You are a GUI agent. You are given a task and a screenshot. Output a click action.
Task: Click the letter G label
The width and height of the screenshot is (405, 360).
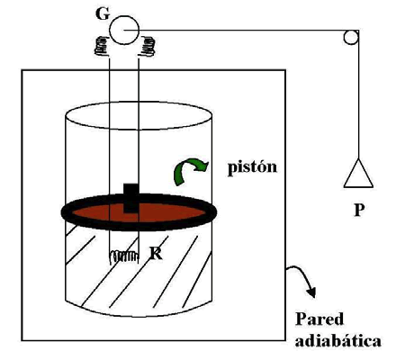coord(103,13)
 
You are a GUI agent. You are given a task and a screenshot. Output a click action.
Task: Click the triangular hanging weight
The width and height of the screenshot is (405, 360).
coord(358,174)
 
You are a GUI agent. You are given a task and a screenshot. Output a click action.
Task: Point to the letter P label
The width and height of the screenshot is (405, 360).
coord(359,210)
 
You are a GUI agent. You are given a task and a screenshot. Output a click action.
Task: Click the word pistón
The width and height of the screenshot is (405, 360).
coord(252,167)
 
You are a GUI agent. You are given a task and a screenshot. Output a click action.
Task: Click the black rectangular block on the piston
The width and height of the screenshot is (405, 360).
coord(131,198)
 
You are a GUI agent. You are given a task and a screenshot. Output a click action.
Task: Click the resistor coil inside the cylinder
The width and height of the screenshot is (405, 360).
coord(123,257)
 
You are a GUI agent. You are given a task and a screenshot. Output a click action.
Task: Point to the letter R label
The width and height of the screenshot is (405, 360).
coord(156,254)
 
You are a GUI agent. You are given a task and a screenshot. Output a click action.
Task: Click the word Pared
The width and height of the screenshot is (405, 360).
coord(319,319)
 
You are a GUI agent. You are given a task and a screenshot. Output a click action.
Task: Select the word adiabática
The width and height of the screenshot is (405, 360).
coord(338,340)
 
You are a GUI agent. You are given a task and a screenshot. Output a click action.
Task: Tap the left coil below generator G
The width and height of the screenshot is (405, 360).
coord(102,46)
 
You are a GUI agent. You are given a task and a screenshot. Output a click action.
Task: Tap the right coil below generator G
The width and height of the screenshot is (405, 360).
coord(147,46)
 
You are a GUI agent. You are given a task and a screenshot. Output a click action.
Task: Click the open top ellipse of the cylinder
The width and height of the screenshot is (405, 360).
coord(139,102)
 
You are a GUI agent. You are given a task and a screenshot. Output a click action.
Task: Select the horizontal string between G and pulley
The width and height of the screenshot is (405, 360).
coord(240,31)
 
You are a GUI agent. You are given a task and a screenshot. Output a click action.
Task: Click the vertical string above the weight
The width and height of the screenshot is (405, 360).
coord(358,94)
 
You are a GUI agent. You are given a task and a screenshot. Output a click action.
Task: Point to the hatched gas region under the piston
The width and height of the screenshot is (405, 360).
coord(168,270)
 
